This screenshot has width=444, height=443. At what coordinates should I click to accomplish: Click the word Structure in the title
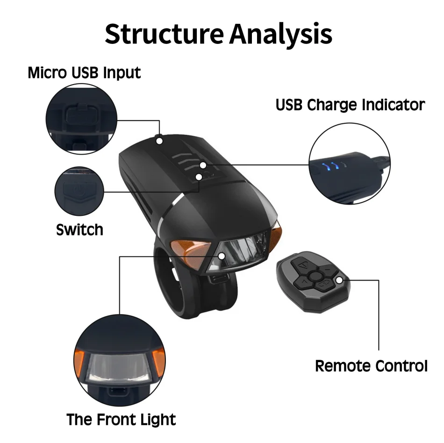(x=164, y=34)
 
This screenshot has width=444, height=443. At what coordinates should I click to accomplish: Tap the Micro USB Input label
(x=84, y=73)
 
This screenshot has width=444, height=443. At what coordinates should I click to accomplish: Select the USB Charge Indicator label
(x=350, y=105)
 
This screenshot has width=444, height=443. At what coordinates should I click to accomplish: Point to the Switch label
(x=79, y=229)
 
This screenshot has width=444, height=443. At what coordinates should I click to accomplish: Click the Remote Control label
(x=371, y=366)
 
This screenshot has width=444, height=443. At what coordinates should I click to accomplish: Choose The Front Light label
(x=121, y=419)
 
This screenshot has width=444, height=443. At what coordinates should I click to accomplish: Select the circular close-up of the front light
(x=120, y=358)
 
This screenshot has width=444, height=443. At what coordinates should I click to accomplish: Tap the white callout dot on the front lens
(x=222, y=256)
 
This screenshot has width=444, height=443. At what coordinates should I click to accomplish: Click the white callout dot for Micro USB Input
(x=159, y=140)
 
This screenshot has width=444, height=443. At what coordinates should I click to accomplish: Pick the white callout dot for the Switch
(x=199, y=177)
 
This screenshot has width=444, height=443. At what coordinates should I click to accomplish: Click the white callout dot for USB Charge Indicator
(x=203, y=165)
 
